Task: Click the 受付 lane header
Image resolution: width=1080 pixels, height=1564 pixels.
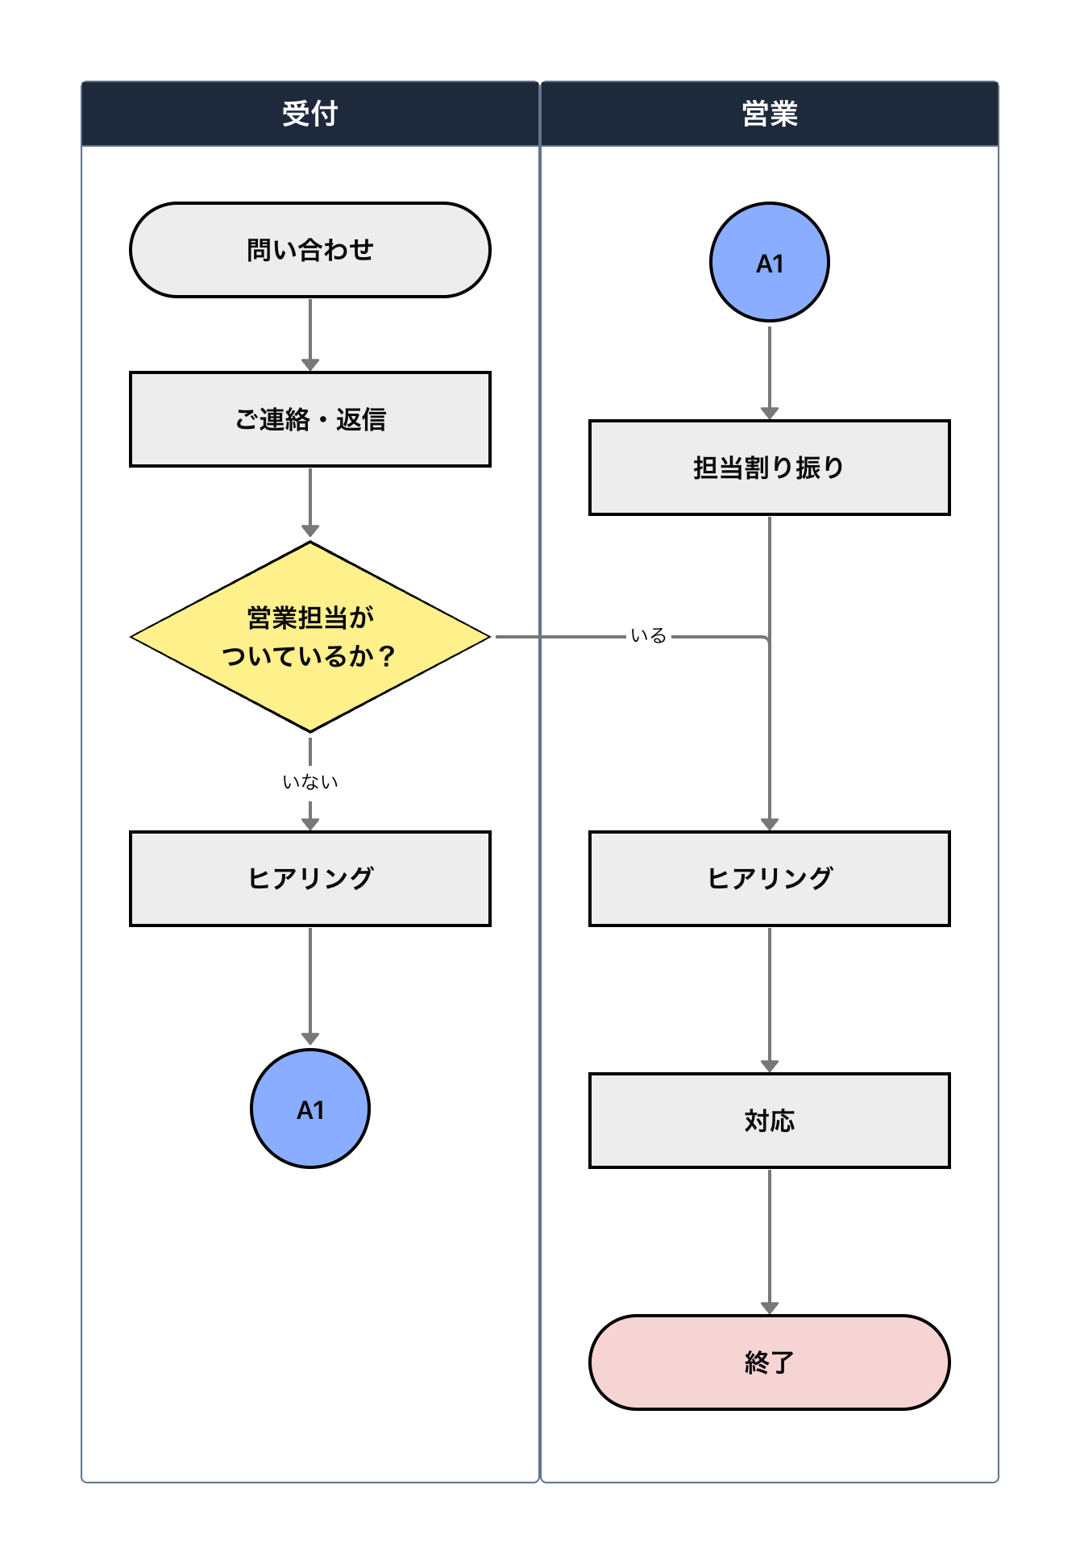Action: (310, 114)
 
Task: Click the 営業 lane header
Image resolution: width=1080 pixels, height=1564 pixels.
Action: (770, 114)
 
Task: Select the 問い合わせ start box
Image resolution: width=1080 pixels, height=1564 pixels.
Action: (310, 250)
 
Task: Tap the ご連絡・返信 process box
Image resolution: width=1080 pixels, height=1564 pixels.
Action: (310, 419)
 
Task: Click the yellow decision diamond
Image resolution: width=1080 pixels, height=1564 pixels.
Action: (310, 637)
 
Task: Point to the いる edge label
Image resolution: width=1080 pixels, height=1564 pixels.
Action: (649, 636)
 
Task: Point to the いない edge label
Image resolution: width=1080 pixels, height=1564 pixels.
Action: (310, 782)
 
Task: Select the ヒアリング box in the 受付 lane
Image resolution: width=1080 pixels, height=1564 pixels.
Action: (310, 879)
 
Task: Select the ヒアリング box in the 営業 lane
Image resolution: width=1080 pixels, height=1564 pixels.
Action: (770, 879)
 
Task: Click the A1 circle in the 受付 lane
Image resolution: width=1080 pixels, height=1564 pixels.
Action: (310, 1109)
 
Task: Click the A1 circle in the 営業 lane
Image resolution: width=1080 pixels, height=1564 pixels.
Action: (770, 262)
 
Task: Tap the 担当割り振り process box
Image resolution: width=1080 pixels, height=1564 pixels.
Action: (770, 468)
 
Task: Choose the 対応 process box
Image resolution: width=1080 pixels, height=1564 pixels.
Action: (770, 1121)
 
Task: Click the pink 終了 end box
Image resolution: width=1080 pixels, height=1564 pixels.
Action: (770, 1362)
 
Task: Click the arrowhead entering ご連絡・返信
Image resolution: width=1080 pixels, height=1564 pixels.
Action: (310, 365)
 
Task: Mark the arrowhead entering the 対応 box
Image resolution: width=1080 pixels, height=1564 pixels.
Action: (770, 1066)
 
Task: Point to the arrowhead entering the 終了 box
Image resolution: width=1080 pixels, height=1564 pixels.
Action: (770, 1308)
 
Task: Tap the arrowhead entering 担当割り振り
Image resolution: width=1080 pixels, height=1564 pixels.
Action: (770, 413)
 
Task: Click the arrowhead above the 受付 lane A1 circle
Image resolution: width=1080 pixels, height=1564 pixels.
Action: (310, 1039)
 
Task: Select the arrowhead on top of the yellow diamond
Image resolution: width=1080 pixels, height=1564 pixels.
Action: (310, 530)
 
